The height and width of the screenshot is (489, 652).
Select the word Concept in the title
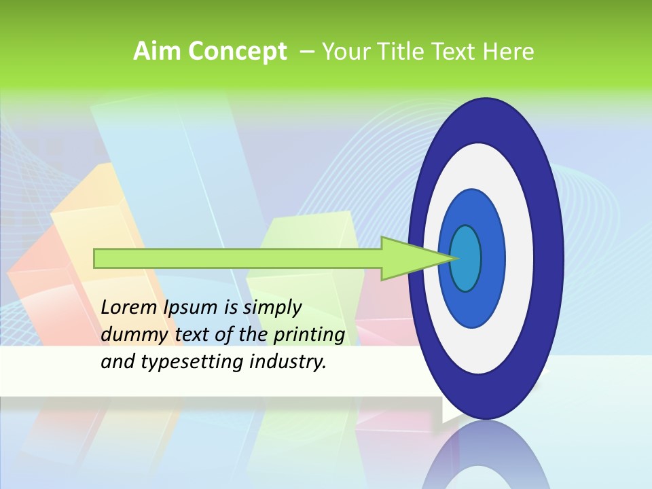pyautogui.click(x=238, y=52)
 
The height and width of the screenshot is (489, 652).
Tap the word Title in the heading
pyautogui.click(x=403, y=52)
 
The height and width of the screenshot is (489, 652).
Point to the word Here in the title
pyautogui.click(x=509, y=52)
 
